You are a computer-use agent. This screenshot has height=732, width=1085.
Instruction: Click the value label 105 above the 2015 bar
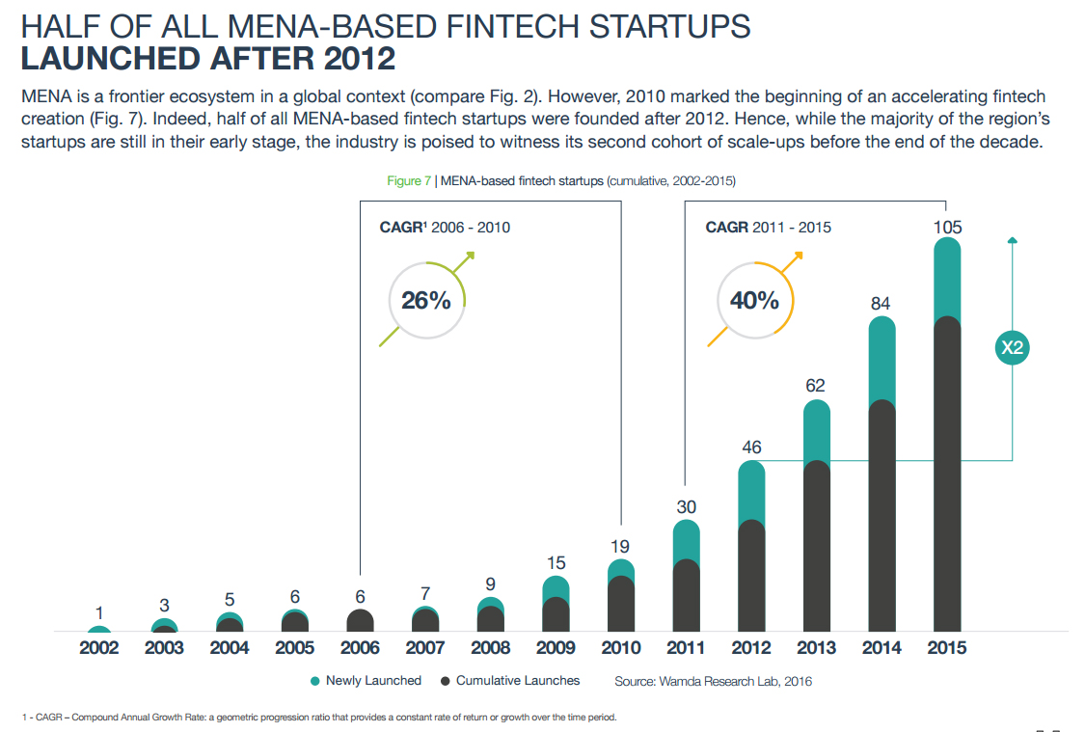[x=947, y=227]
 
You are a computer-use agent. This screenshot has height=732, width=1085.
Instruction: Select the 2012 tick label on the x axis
[x=751, y=648]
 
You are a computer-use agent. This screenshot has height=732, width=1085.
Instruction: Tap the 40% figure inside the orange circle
[x=754, y=300]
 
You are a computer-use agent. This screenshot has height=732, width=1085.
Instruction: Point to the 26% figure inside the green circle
[x=426, y=300]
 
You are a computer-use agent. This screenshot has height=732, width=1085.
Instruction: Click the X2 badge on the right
[x=1012, y=348]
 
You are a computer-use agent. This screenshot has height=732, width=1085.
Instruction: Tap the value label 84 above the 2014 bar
[x=881, y=304]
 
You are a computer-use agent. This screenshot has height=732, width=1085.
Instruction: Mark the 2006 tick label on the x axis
[x=360, y=648]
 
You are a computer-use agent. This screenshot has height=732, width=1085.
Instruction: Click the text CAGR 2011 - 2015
[x=768, y=228]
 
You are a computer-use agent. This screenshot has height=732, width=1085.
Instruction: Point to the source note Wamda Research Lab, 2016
[x=713, y=682]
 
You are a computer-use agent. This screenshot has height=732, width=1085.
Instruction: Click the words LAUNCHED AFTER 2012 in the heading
[x=207, y=59]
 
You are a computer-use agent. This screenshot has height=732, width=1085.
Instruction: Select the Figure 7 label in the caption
[x=408, y=180]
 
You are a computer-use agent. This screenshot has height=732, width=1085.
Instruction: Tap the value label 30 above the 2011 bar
[x=686, y=506]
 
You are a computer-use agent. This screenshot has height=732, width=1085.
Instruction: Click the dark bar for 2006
[x=360, y=620]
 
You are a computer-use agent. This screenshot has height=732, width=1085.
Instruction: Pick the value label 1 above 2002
[x=99, y=612]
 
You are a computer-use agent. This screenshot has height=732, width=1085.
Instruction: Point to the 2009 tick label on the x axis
[x=556, y=648]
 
